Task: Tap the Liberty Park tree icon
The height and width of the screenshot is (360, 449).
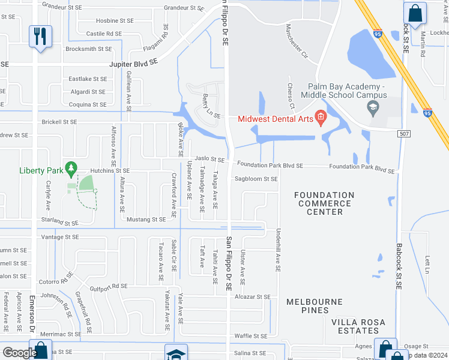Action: pos(72,168)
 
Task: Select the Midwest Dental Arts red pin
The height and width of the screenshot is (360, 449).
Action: pos(321,117)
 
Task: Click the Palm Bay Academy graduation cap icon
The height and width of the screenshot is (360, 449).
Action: pos(373,108)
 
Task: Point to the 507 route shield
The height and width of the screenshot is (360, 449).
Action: pos(404,133)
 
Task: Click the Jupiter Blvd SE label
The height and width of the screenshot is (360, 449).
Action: pos(133,62)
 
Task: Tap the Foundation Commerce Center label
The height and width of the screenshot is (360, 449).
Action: pos(325,203)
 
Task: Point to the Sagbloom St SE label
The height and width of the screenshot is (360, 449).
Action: pos(256,179)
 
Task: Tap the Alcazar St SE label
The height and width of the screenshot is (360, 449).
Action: pos(253,296)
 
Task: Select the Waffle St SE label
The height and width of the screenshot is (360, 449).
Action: pos(251,336)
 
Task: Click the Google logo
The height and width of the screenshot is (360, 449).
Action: pos(19,352)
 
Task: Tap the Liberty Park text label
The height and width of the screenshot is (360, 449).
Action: pos(41,171)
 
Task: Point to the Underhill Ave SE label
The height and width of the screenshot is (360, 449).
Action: pos(279,250)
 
